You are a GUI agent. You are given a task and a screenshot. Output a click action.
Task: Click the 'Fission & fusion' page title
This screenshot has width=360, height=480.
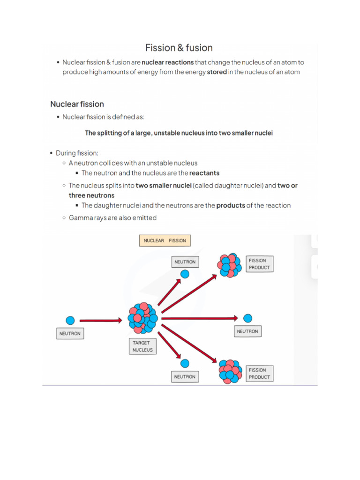coord(179,48)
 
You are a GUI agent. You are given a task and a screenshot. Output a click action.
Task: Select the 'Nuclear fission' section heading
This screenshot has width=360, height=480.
coord(77,104)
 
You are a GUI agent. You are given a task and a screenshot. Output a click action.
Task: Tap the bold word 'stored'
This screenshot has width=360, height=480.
coord(217,72)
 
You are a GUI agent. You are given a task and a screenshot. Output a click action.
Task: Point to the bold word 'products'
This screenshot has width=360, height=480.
coord(231,205)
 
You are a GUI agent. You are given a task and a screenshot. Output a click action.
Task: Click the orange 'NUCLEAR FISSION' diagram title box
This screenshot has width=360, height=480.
coord(165,241)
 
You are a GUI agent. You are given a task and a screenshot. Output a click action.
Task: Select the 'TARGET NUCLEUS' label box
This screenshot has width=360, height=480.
coord(142,346)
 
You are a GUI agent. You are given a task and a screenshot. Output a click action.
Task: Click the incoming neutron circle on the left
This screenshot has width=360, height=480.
coord(70,321)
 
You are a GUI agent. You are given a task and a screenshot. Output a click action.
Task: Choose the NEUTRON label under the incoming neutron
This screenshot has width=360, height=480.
coord(70,334)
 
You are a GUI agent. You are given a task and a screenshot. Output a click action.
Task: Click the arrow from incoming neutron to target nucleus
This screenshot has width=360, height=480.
coord(101,321)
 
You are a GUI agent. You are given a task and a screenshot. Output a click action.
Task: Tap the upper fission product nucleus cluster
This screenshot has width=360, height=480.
coord(229,265)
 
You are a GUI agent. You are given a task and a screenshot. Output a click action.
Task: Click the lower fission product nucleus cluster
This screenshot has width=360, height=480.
coord(229,371)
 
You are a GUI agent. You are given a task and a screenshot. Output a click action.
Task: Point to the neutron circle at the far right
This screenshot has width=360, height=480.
coord(247,318)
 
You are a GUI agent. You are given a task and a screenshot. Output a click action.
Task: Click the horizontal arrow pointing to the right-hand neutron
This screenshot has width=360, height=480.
coord(199,318)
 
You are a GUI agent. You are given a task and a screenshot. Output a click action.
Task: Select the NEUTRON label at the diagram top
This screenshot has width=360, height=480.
coord(185,262)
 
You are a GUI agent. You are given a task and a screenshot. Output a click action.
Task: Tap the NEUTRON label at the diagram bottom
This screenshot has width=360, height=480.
coord(185,376)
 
